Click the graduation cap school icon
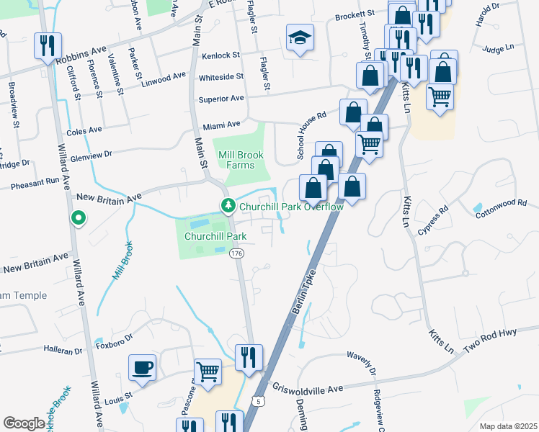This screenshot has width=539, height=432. [300, 39]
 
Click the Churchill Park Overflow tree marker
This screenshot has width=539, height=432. [228, 207]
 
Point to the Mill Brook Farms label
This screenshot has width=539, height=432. [241, 160]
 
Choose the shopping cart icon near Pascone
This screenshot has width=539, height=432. [208, 372]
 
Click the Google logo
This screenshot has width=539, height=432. [24, 423]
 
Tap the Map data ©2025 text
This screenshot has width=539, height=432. [507, 426]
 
